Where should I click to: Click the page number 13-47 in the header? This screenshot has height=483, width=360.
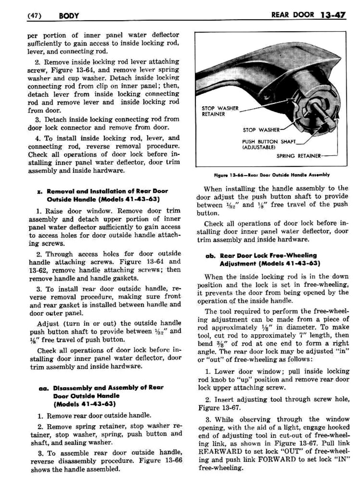tap(332, 15)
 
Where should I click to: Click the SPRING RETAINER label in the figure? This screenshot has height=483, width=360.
tap(298, 156)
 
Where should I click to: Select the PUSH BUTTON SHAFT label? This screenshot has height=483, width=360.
tap(269, 141)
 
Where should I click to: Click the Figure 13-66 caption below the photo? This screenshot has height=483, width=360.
tap(262, 175)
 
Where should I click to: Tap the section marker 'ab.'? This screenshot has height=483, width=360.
tap(210, 256)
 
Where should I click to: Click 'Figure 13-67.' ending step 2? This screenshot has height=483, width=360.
tap(219, 408)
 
